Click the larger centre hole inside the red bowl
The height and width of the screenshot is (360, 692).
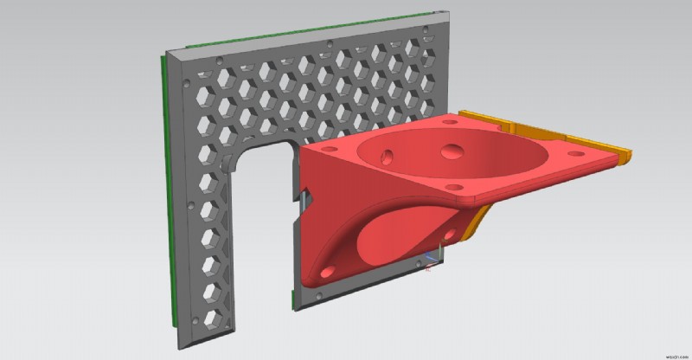coord(452,151)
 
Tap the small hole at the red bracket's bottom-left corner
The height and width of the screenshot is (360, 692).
coord(323,275)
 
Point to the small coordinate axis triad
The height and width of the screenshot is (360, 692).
coord(431,260)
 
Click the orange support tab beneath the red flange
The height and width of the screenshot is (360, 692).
coord(478,222)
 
